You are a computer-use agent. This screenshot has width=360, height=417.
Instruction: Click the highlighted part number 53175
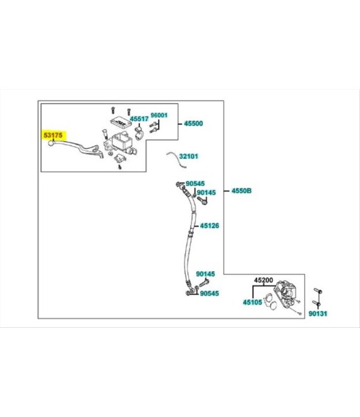pos(53,135)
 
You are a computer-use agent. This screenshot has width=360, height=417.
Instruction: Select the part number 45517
pos(139,119)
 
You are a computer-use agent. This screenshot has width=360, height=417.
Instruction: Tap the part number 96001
pos(159,115)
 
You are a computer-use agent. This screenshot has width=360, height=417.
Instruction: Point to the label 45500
pos(193,123)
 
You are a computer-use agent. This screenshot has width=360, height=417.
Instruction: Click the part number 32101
pos(189,156)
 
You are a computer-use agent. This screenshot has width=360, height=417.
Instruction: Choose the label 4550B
pos(241,191)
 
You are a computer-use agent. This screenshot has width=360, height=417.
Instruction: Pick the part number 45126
pos(210,226)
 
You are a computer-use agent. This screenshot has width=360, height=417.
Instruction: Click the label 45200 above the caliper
pos(263,280)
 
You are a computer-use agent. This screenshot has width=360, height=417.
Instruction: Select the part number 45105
pos(253,302)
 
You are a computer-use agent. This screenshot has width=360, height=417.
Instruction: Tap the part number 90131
pos(318,313)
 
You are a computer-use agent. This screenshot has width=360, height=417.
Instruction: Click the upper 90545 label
pos(195,183)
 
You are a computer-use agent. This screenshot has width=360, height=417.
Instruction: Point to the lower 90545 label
pos(209,293)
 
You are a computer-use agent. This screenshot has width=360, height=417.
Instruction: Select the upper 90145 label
pos(207,192)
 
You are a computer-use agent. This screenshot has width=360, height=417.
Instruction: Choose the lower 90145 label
pos(205,274)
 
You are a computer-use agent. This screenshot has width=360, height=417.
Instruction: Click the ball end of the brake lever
pos(51,143)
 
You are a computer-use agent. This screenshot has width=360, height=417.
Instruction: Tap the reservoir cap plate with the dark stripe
pos(120,122)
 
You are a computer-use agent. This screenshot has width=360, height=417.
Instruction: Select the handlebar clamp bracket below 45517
pos(139,133)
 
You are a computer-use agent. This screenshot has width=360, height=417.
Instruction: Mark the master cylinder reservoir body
pos(122,142)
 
